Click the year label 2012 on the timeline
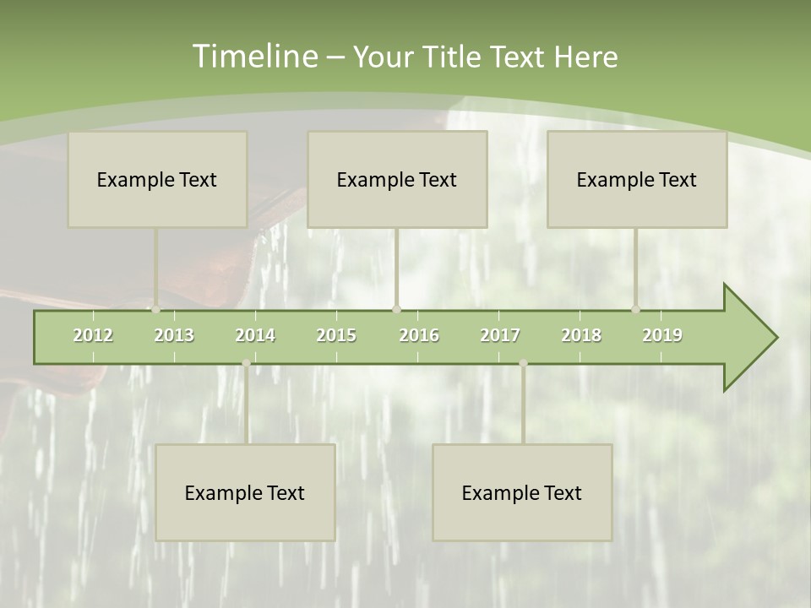93,335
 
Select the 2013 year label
174,335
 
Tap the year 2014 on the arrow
255,335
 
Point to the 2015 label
336,335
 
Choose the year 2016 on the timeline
419,335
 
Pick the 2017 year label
500,335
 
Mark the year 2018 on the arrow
581,335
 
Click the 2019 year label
662,335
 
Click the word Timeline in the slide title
253,57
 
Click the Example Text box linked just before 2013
157,179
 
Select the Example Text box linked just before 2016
397,179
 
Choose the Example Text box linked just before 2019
637,179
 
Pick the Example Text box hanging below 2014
245,492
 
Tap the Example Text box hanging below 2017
522,492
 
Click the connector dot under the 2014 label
246,363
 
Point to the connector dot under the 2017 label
523,363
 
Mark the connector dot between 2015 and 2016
397,309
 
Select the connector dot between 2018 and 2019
636,309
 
